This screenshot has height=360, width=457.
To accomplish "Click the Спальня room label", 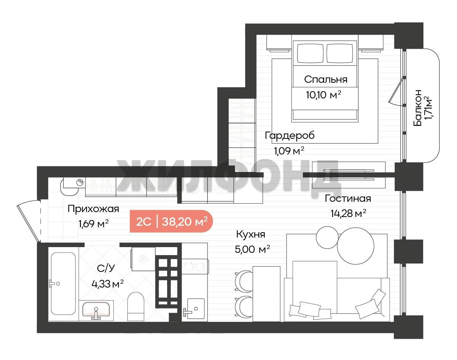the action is tap(325, 79).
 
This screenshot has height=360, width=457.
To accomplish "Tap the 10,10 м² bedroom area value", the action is tap(323, 95).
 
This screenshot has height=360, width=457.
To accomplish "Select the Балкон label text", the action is tap(418, 108).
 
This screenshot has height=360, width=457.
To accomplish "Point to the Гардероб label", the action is tap(290, 135).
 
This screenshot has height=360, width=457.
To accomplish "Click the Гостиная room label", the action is tap(348, 198).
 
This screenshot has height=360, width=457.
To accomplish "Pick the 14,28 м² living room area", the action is tap(348, 213).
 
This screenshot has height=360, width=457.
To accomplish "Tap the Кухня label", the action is tap(251, 234).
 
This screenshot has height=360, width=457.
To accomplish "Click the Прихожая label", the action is tap(93, 209).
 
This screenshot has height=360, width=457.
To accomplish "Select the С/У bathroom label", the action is tap(106, 268).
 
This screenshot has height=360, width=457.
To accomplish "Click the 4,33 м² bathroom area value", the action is tap(108, 284).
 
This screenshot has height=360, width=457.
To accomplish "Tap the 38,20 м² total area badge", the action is tap(185, 222).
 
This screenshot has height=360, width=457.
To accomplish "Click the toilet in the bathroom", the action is tap(136, 306).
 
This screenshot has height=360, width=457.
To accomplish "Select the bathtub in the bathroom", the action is tap(63, 283).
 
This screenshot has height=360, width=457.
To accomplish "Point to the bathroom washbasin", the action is tap(96, 310).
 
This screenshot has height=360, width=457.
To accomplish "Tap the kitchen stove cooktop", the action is tap(195, 266).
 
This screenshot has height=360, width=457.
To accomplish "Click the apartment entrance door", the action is tap(29, 221).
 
